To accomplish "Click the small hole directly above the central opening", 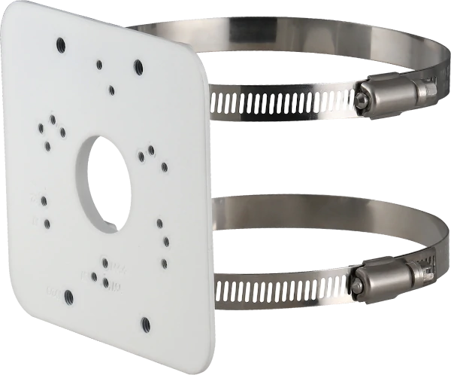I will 111,90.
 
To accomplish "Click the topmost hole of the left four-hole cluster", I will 53,119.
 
